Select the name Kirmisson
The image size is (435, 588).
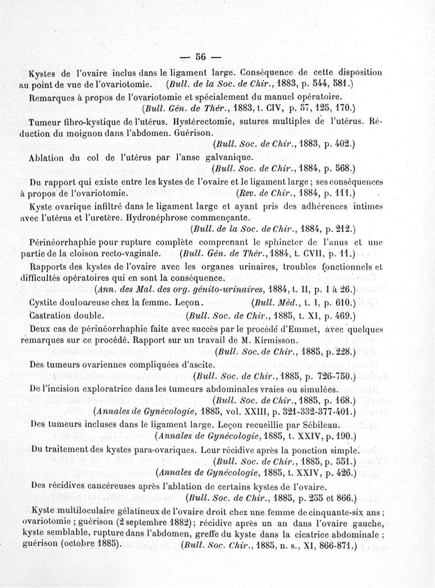coord(276,341)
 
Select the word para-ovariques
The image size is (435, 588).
coord(163,450)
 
